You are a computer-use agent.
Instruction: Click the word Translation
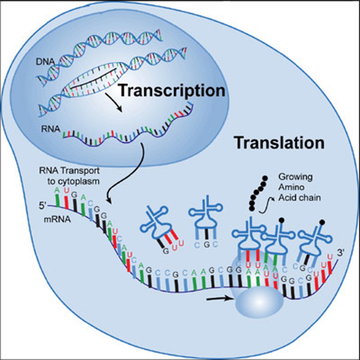pos(279,143)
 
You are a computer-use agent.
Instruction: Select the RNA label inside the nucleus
pos(51,129)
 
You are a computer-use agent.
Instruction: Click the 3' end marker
pos(341,253)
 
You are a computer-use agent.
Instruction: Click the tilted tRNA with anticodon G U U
pos(158,226)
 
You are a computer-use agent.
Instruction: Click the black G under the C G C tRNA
pos(206,244)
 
